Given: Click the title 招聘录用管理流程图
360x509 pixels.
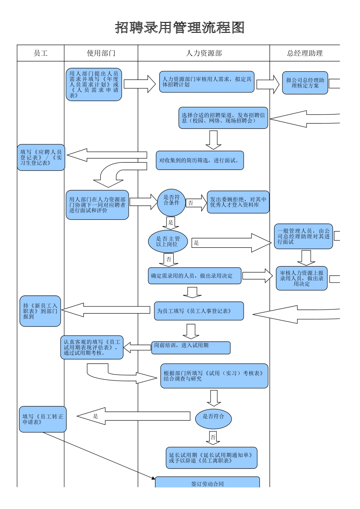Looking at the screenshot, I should (x=180, y=28).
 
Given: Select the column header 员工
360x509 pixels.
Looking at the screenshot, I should (x=41, y=53).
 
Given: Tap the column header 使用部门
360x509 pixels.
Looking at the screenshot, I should (x=101, y=53).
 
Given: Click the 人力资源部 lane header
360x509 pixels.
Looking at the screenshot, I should (x=203, y=53).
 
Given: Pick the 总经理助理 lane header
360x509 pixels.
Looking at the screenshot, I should (x=305, y=53).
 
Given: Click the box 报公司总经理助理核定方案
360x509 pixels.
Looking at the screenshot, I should (x=305, y=83).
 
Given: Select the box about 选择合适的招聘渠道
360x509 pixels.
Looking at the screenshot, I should (x=223, y=118).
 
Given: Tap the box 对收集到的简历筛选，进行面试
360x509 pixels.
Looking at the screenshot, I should (x=200, y=161).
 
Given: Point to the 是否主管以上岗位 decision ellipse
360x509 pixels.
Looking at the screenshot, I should (x=168, y=242).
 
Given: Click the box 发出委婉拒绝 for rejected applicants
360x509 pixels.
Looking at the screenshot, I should (x=238, y=202).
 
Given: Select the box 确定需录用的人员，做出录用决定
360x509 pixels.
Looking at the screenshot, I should (x=194, y=276).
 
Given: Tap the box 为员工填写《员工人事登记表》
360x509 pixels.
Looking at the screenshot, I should (x=199, y=311).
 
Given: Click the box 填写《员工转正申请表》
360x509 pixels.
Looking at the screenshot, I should (x=43, y=419).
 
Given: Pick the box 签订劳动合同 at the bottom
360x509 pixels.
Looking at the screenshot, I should (x=207, y=482).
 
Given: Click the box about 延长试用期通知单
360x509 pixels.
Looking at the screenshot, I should (x=211, y=458).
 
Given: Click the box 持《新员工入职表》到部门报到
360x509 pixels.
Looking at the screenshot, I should (x=40, y=311).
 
